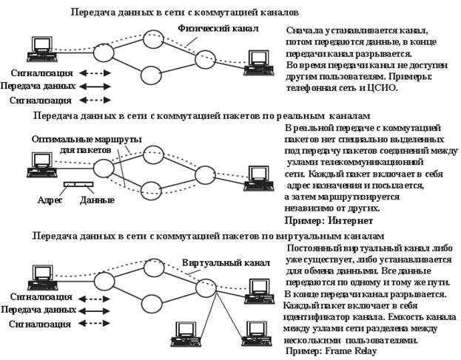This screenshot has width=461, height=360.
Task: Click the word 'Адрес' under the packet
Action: [x=49, y=200]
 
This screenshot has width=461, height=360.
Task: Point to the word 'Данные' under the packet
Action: [x=97, y=200]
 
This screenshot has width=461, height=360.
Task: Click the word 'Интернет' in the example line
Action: [x=347, y=220]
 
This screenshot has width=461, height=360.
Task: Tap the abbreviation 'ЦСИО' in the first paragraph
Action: [x=381, y=87]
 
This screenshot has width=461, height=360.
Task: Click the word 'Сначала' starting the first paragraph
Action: [x=304, y=32]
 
